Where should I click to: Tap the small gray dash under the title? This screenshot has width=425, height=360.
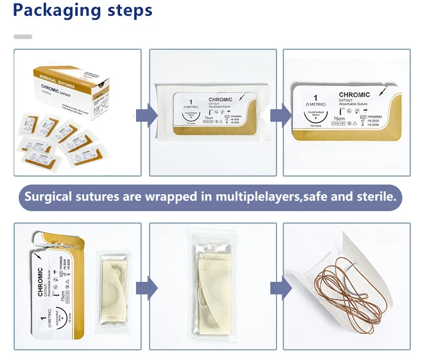(x=23, y=36)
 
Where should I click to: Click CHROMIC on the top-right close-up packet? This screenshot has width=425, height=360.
(x=354, y=95)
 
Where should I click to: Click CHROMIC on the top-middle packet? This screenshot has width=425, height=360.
(x=220, y=100)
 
